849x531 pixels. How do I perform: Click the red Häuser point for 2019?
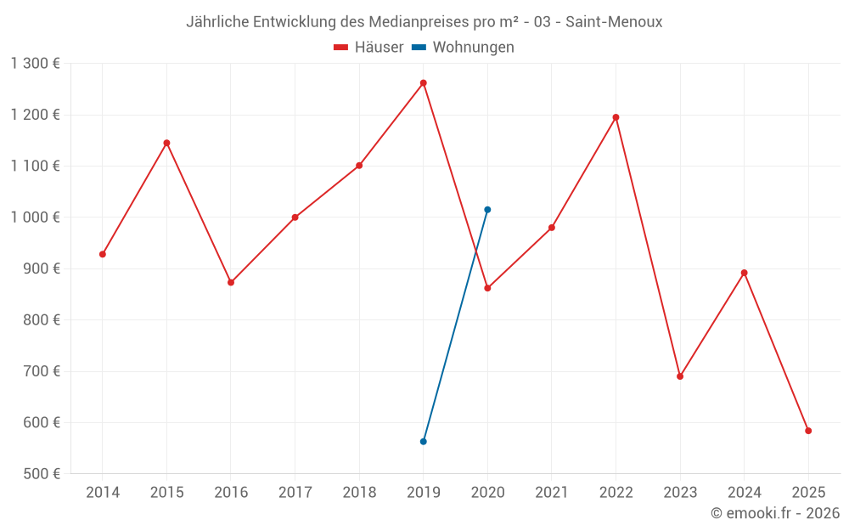coord(423,83)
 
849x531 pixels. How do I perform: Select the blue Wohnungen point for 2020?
coord(487,210)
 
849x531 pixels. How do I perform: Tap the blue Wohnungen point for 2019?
coord(423,442)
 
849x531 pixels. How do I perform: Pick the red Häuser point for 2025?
coord(808,431)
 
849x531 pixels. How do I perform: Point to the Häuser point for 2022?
coord(616,117)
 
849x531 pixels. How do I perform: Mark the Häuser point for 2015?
coord(166,143)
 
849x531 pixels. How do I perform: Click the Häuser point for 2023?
coord(680,376)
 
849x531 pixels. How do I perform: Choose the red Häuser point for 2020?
coord(487,288)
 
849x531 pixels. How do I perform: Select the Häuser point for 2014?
coord(103,254)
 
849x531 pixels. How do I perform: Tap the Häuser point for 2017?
coord(295,217)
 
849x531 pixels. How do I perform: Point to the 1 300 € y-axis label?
coord(35,64)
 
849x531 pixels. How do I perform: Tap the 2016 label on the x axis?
coord(231,493)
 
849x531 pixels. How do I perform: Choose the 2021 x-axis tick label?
coord(552,493)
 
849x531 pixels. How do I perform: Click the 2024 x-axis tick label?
coord(744,493)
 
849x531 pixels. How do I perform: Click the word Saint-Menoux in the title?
coord(616,22)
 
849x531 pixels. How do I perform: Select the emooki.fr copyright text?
coord(775,513)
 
